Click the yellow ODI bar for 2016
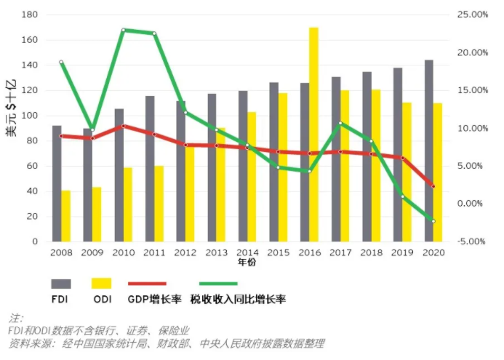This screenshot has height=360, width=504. (313, 135)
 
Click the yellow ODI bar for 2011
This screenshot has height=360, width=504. (159, 204)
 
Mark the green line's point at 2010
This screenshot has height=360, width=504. (124, 30)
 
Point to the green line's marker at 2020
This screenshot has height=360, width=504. (433, 221)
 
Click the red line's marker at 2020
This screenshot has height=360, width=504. (433, 187)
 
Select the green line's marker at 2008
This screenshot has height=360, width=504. (61, 63)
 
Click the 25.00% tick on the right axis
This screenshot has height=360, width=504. (473, 15)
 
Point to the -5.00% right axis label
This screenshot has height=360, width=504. (473, 241)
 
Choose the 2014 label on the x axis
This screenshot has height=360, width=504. (247, 252)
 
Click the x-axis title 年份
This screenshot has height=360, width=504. (247, 262)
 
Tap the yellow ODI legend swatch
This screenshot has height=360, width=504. (101, 283)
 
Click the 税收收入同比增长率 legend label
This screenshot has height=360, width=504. (238, 299)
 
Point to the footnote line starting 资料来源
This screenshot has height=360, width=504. (167, 343)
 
